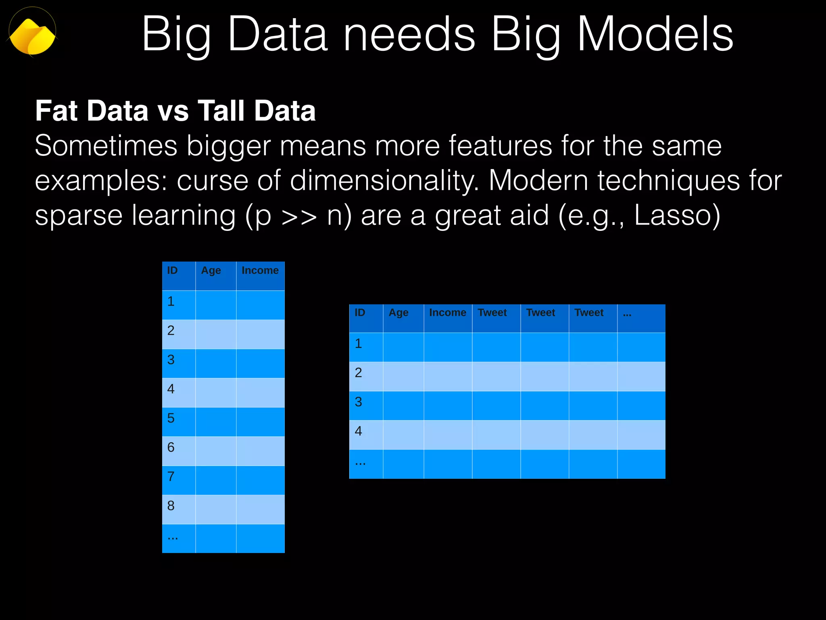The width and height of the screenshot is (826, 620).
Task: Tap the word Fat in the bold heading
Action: click(x=56, y=111)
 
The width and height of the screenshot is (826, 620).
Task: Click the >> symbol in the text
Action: click(x=299, y=217)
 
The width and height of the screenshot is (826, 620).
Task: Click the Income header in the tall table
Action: click(x=260, y=270)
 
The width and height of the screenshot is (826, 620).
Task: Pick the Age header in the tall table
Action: click(x=211, y=270)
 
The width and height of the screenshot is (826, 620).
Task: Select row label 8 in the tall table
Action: click(x=171, y=505)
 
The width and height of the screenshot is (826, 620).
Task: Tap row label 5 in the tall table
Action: click(x=171, y=418)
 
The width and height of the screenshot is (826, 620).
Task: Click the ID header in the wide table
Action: click(x=360, y=312)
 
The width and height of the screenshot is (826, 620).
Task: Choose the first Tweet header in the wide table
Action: click(x=492, y=312)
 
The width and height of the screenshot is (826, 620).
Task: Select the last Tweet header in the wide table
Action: click(x=589, y=312)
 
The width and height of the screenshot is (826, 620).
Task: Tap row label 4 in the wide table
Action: click(x=358, y=431)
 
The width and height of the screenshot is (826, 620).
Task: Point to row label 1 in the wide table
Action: click(x=358, y=344)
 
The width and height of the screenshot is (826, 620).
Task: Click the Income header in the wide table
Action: click(x=447, y=312)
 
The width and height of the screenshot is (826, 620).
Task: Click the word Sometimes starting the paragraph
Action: click(x=106, y=146)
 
